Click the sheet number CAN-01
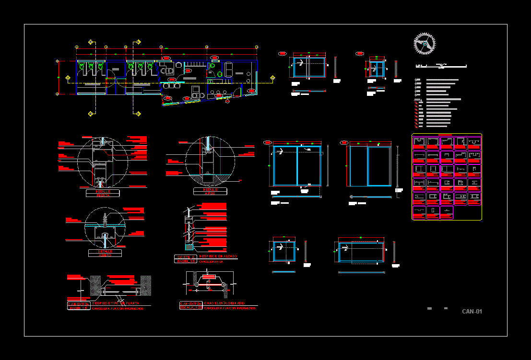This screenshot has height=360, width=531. (472, 312)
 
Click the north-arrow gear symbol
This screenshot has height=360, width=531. (425, 44)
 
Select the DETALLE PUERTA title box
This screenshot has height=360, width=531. (103, 193)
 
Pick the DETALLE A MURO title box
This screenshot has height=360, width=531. (105, 253)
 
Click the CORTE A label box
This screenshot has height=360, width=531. (185, 257)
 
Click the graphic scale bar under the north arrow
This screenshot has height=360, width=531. (441, 65)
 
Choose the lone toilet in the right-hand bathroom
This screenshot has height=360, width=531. (220, 74)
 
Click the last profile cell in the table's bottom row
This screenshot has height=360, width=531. (446, 212)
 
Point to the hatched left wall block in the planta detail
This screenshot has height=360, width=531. (94, 286)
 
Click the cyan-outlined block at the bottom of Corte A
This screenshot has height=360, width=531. (189, 248)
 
